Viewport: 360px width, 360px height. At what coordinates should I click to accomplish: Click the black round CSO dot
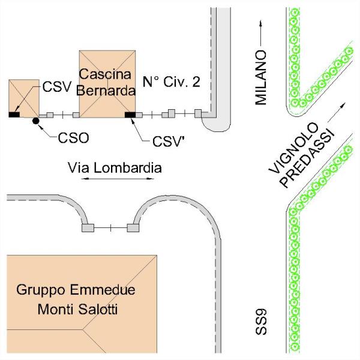point(35,121)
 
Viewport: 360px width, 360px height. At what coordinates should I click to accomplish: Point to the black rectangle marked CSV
point(14,114)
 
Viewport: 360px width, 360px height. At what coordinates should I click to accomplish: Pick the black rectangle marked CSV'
point(130,114)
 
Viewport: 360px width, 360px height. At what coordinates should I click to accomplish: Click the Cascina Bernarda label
point(107,82)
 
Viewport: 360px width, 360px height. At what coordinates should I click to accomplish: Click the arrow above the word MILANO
point(260,32)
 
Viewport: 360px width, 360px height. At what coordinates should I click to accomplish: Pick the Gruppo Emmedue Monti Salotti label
point(76,300)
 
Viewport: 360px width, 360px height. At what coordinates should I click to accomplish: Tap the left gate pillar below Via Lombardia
point(88,228)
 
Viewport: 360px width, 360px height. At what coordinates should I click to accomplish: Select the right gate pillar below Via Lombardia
point(133,228)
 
